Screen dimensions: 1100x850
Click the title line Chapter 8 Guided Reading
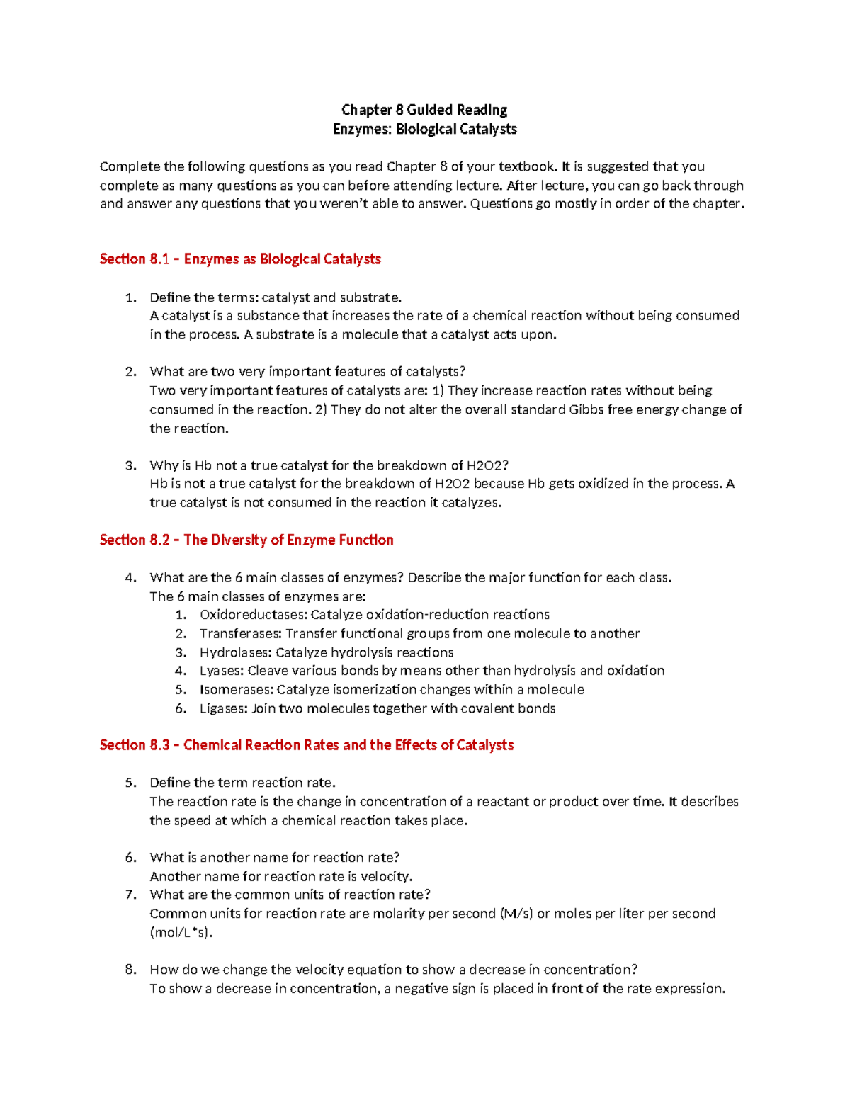click(424, 110)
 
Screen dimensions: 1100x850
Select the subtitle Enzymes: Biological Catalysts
click(424, 129)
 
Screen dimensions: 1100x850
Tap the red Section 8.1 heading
click(240, 259)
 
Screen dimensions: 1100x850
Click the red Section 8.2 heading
click(246, 540)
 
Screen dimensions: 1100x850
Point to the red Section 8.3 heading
click(307, 745)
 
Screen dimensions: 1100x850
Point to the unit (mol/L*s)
click(181, 933)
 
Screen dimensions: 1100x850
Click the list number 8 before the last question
click(130, 970)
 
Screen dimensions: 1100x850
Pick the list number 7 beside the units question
click(130, 895)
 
